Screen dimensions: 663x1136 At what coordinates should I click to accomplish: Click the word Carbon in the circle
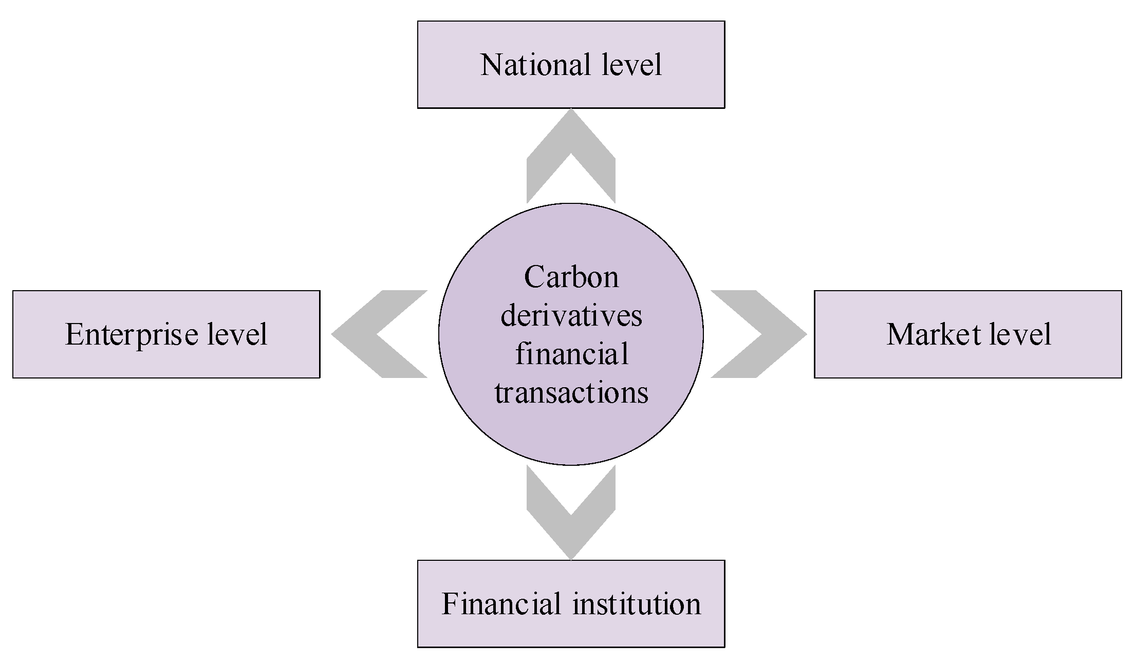(x=571, y=277)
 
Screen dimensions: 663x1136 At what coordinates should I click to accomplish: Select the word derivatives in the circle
(x=571, y=315)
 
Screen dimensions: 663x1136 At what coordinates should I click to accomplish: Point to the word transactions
(x=571, y=393)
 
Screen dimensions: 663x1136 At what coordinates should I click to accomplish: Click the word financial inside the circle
(x=571, y=354)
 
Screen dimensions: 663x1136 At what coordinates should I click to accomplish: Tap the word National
(x=535, y=65)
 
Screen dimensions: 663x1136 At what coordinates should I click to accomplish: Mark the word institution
(x=637, y=604)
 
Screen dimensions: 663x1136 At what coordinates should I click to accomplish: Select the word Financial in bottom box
(x=501, y=604)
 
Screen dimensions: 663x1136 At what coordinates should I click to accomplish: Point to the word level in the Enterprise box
(x=237, y=334)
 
